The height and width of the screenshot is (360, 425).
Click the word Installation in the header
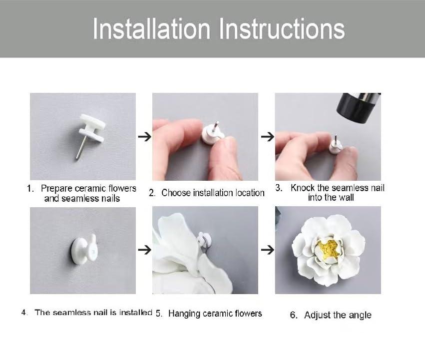click(152, 29)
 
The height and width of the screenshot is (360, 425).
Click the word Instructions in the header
click(282, 29)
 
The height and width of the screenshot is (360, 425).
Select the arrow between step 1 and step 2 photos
click(144, 136)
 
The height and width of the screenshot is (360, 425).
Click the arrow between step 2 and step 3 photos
click(268, 136)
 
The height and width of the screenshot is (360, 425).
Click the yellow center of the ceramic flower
click(329, 249)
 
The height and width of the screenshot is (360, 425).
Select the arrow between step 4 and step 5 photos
click(144, 249)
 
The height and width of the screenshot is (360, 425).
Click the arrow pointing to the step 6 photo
click(268, 249)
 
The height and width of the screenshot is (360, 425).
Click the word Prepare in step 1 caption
click(56, 189)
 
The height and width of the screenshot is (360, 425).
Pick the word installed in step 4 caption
click(135, 312)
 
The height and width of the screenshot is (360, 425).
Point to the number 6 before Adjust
click(294, 315)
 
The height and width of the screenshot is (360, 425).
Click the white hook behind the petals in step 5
click(202, 239)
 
